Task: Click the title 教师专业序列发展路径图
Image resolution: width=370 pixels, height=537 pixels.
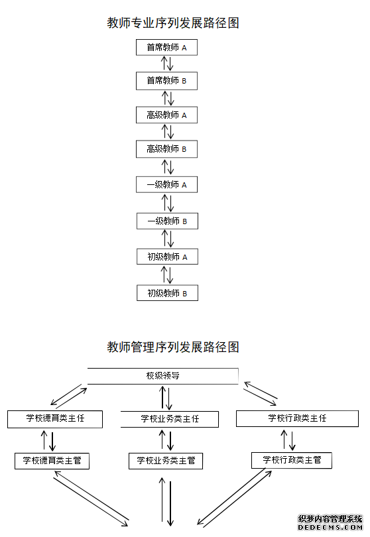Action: point(173,23)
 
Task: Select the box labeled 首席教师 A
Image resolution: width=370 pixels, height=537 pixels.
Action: point(167,48)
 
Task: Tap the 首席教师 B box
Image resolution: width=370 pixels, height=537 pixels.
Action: point(167,81)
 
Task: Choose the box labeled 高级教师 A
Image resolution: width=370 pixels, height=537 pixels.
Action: point(167,115)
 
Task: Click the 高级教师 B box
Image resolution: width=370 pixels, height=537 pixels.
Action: point(167,149)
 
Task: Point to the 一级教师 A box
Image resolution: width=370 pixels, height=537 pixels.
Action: point(167,185)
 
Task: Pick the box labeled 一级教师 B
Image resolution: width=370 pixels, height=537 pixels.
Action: point(167,221)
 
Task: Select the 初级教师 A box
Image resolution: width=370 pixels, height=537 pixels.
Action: point(167,257)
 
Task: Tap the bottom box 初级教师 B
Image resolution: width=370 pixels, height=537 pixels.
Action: point(167,292)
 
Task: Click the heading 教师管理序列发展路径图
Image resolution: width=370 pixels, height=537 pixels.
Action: point(173,347)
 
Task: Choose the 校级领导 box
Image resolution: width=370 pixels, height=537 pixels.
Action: point(163,376)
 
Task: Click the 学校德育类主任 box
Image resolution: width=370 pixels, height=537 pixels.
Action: point(55,419)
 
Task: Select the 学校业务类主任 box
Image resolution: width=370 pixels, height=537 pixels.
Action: point(170,419)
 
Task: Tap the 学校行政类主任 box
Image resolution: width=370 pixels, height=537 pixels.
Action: point(297,418)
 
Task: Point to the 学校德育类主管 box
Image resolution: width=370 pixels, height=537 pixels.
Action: point(52,460)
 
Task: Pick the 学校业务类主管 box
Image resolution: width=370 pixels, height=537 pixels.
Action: point(166,460)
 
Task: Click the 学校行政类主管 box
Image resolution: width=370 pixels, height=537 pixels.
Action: point(292,459)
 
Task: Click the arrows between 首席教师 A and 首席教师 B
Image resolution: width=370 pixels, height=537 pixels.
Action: point(167,64)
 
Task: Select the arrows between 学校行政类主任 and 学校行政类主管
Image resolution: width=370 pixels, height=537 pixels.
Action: point(288,439)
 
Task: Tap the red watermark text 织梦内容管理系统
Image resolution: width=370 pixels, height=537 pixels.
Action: point(330,519)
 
